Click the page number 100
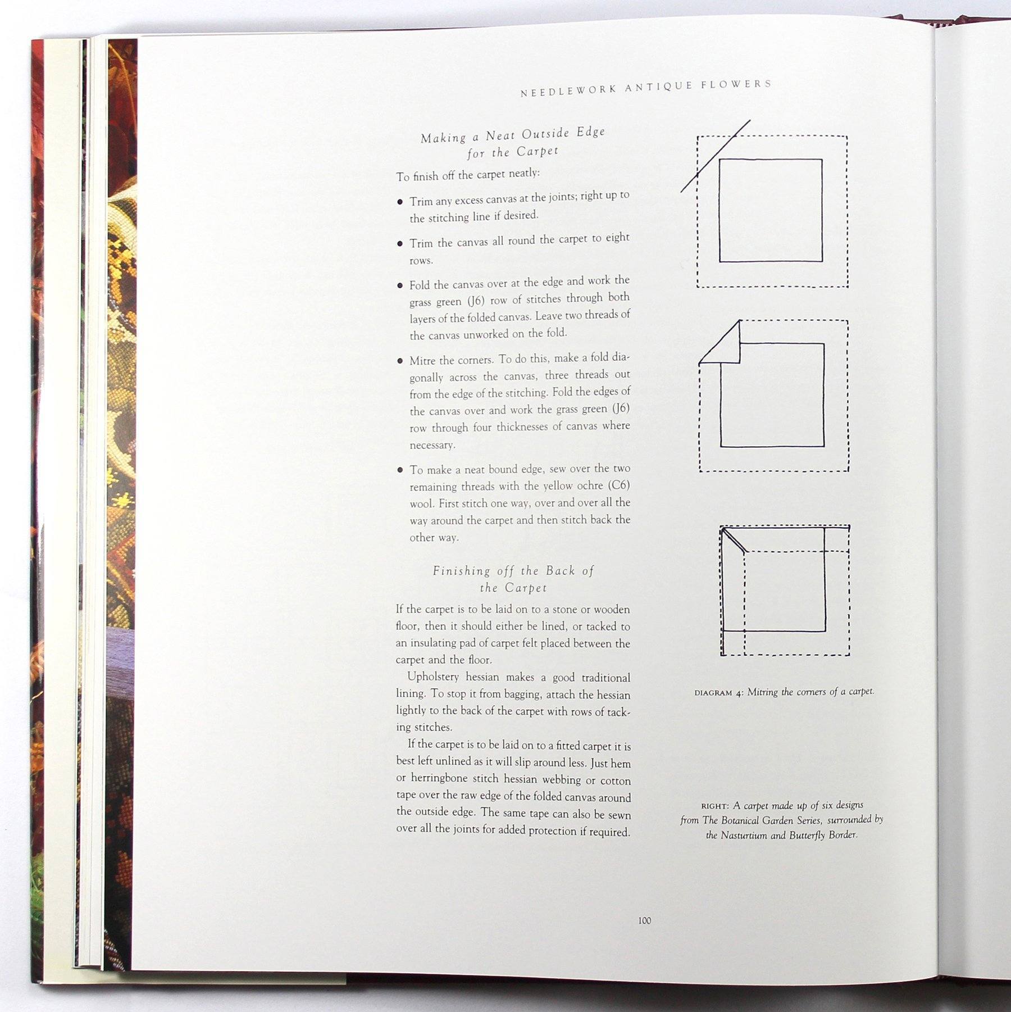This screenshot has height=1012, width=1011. (644, 920)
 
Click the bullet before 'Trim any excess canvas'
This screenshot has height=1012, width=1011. (400, 201)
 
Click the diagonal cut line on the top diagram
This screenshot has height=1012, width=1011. (715, 156)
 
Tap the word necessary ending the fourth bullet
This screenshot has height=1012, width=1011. (432, 446)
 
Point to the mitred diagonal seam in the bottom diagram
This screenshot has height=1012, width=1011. (734, 541)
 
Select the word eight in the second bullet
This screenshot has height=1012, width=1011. (617, 238)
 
